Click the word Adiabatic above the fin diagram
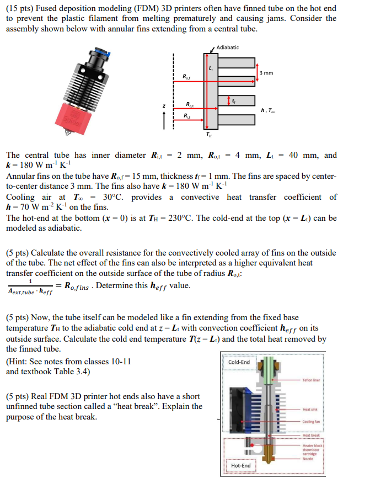tap(228, 47)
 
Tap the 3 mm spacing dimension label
tap(266, 73)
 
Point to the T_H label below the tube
tap(208, 134)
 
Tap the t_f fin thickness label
tap(234, 100)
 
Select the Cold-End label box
tap(239, 362)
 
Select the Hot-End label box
tap(240, 465)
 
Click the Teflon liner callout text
tap(313, 380)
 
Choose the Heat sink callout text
tap(310, 409)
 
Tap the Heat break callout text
tap(311, 435)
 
